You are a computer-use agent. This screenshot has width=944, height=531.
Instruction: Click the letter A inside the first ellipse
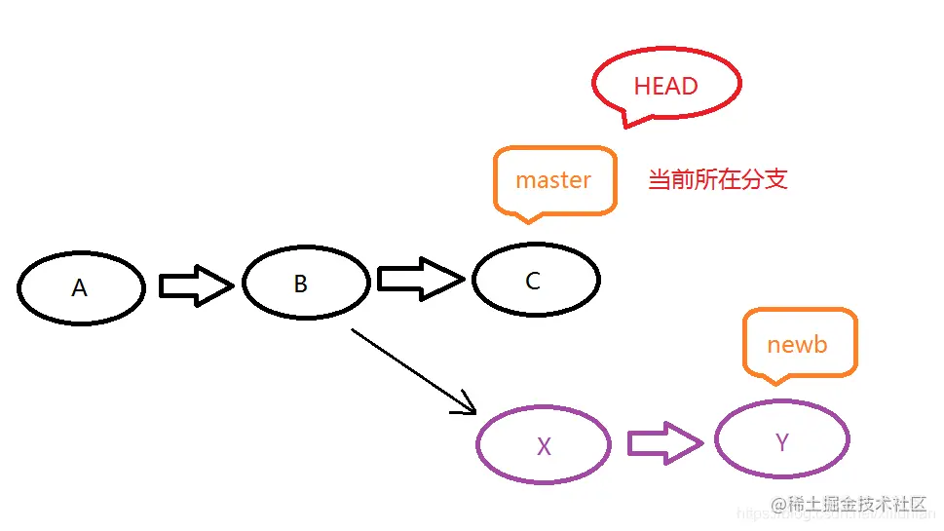coord(80,288)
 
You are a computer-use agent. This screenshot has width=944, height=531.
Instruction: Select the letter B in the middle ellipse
coord(301,284)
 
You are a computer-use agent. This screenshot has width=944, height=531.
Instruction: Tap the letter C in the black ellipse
coord(533,282)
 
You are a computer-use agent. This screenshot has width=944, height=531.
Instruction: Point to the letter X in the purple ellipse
coord(544,447)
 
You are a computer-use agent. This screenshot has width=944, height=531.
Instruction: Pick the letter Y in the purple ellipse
coord(781,442)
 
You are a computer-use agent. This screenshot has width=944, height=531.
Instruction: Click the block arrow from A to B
coord(195,285)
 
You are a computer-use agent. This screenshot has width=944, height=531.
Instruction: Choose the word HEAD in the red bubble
coord(666,86)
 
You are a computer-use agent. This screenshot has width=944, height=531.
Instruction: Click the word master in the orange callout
coord(553,180)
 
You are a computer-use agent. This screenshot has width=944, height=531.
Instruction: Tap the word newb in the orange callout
coord(797,345)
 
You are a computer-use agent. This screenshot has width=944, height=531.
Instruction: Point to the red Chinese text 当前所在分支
coord(718,179)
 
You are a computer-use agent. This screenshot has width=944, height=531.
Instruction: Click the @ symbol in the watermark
coord(777,505)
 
